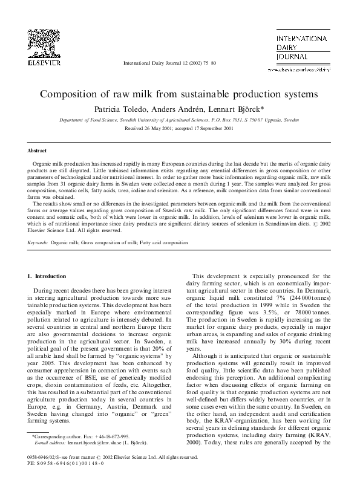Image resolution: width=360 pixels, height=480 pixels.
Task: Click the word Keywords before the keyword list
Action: tap(38, 242)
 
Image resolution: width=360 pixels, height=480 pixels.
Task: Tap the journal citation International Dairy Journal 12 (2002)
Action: tap(163, 63)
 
